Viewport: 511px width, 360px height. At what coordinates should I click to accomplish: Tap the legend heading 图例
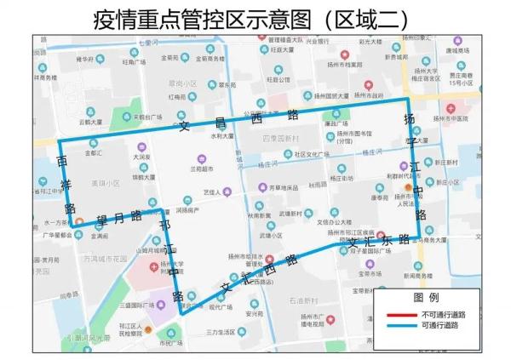tap(426, 298)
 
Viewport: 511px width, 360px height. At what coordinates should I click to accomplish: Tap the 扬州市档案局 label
tap(341, 64)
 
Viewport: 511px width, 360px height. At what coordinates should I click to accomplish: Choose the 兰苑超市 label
tap(202, 169)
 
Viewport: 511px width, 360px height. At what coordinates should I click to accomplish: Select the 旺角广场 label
tap(135, 62)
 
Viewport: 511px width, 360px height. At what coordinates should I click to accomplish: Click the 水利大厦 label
tap(224, 135)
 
